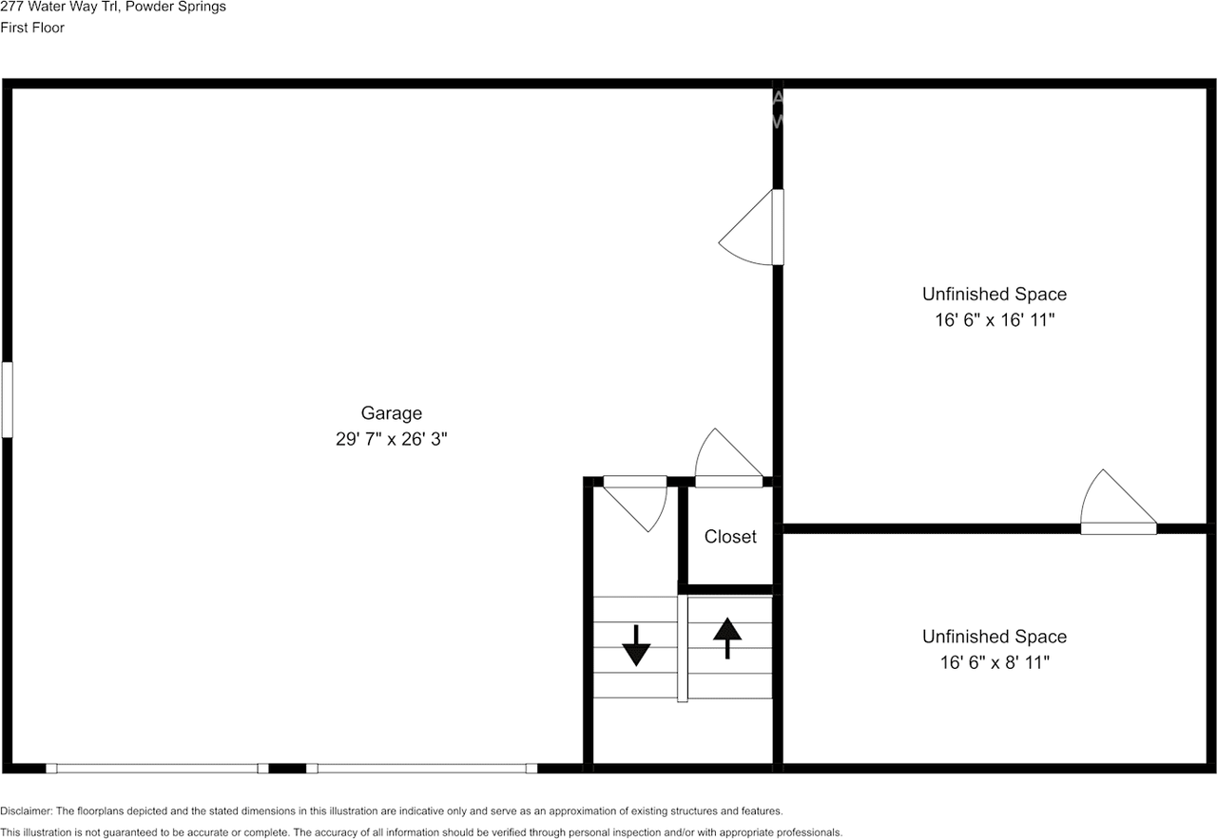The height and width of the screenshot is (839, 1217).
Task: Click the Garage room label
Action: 391,413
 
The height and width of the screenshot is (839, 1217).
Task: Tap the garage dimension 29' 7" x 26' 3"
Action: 391,440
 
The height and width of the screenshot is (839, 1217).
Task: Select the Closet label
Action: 730,537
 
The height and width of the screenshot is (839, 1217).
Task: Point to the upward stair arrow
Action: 727,638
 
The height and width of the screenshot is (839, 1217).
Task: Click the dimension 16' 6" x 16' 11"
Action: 995,320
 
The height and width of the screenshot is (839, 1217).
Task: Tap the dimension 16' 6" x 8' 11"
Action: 995,662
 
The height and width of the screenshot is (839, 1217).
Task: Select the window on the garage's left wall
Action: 7,399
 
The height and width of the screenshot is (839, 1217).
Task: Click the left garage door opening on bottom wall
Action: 157,768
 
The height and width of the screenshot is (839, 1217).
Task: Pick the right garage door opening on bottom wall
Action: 422,768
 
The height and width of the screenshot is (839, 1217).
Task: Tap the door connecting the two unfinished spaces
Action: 1117,504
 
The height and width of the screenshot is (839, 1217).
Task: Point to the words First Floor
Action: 32,28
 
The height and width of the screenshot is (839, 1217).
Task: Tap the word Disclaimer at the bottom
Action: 27,811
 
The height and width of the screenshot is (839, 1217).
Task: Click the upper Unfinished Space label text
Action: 995,295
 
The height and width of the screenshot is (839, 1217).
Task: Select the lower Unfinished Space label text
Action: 995,637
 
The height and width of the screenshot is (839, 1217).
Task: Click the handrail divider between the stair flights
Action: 682,649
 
